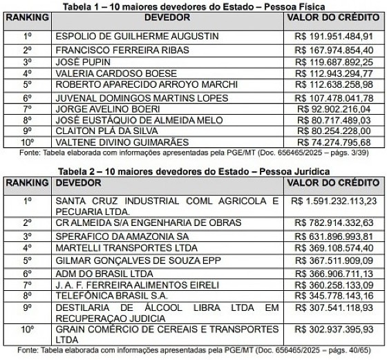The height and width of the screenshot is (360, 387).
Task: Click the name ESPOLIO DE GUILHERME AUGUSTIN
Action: (x=127, y=35)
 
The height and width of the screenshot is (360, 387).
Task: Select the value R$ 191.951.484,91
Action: (x=334, y=35)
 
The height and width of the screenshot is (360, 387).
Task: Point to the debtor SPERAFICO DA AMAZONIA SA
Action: (x=112, y=235)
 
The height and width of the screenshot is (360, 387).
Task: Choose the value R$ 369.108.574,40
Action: (x=334, y=247)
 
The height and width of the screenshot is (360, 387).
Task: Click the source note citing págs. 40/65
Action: (x=193, y=349)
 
